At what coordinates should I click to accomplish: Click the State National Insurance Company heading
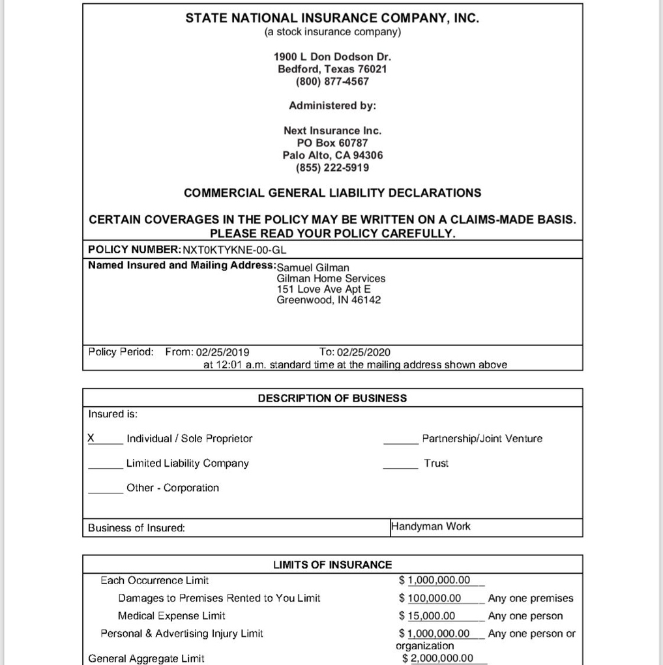(x=332, y=18)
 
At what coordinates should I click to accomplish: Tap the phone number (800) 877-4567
(x=332, y=81)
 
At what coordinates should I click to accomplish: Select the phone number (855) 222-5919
(x=332, y=168)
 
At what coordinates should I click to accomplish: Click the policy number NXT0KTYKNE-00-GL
(x=235, y=250)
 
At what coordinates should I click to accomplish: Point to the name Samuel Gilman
(x=313, y=267)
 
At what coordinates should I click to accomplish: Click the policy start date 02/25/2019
(x=227, y=352)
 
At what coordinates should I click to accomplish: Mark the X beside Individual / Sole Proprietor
(x=92, y=438)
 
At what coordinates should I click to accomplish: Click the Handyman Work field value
(x=431, y=526)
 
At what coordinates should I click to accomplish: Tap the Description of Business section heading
(x=332, y=398)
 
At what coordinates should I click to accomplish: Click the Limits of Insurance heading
(x=332, y=565)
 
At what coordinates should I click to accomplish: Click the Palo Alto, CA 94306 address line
(x=332, y=155)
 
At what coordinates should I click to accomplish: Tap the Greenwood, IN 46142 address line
(x=329, y=300)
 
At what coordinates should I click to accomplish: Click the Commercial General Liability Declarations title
(x=332, y=193)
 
